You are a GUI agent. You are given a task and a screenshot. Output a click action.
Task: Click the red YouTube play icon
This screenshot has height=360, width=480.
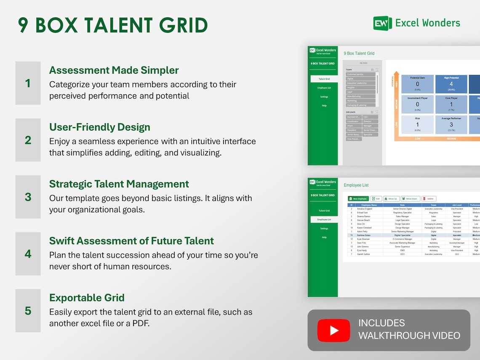tap(333, 331)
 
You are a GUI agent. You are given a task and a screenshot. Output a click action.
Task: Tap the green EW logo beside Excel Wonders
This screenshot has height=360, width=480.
tap(382, 23)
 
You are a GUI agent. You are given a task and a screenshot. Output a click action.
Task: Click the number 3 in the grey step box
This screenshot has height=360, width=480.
tap(28, 197)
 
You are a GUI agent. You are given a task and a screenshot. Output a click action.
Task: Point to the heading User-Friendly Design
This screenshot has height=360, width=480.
tap(99, 127)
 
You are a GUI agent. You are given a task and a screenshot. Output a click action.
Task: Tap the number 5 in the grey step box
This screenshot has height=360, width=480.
tap(28, 311)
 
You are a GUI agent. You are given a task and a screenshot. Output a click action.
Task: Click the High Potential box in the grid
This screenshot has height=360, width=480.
tap(451, 84)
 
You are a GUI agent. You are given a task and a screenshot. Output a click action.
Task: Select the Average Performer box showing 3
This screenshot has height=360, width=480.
tap(451, 124)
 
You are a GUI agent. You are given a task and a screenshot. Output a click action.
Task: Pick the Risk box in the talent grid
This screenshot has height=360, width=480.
tap(417, 124)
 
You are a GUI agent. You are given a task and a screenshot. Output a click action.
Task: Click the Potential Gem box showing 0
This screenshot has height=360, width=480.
tap(417, 84)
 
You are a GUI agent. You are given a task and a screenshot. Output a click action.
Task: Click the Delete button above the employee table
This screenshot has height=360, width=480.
tap(429, 199)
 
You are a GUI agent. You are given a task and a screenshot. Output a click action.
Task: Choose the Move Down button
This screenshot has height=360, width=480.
tap(410, 199)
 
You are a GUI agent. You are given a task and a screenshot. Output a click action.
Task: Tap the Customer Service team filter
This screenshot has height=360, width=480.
tap(360, 74)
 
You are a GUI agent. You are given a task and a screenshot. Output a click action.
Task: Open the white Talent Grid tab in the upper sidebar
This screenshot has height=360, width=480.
tap(324, 79)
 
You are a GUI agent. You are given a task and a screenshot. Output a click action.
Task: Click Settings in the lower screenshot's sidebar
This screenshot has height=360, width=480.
tap(324, 229)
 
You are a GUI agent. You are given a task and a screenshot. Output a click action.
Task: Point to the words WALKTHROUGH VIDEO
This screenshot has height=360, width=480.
tap(409, 336)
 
